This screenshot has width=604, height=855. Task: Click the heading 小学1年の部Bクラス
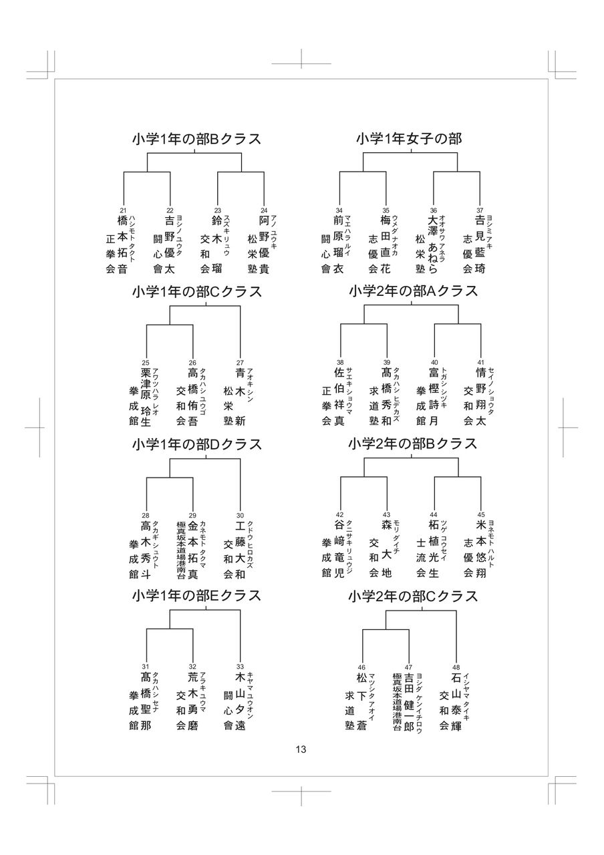point(196,140)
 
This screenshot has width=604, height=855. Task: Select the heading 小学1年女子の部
point(408,140)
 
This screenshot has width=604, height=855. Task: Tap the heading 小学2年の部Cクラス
point(413,596)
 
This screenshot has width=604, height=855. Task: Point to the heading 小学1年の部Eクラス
point(196,596)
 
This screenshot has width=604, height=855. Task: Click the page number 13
point(301,749)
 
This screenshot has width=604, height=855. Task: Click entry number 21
point(123,210)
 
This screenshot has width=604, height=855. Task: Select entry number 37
point(480,210)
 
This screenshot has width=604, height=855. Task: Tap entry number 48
point(456,667)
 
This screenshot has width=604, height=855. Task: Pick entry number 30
point(240,515)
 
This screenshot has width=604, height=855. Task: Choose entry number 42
point(339,515)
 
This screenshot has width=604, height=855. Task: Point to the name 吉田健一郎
point(409,701)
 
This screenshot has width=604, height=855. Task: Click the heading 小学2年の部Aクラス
point(413,292)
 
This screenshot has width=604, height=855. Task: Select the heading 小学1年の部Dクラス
point(196,444)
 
